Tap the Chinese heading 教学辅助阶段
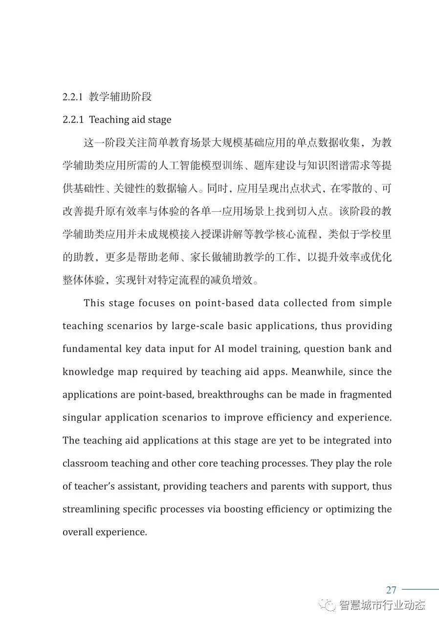(120, 97)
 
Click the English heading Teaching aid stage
(130, 120)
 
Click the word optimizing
(349, 509)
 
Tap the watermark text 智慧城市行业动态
(382, 605)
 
